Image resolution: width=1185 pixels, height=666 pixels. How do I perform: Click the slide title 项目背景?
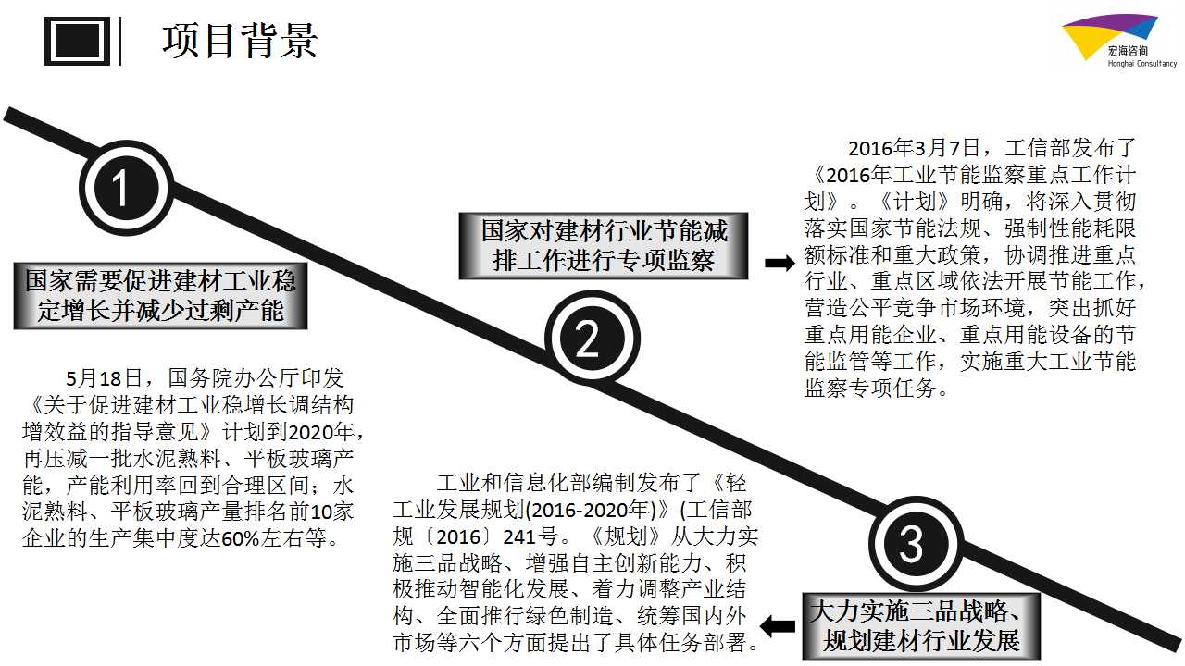pos(240,41)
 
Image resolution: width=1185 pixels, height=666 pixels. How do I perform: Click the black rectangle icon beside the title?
pos(77,41)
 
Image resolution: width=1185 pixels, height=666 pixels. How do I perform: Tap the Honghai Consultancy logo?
pos(1119,42)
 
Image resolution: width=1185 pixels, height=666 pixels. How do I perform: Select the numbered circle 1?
pos(126,188)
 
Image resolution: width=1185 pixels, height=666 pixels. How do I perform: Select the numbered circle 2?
pos(592,339)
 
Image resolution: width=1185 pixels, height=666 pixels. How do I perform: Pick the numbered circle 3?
pos(916,543)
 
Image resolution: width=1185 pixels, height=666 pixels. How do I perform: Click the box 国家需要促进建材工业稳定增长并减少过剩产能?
pos(160,296)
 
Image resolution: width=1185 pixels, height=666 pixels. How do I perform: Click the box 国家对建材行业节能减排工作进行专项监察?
pos(603,246)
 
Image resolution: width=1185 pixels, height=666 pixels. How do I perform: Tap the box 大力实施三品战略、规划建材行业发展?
pos(921,626)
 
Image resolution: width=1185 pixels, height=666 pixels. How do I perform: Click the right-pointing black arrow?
pos(780,263)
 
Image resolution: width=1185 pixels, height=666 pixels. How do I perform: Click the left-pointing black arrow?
pos(778,627)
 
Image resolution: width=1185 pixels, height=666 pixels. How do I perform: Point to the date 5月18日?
pos(104,378)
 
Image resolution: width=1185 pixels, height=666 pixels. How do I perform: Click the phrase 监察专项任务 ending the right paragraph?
pos(870,388)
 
